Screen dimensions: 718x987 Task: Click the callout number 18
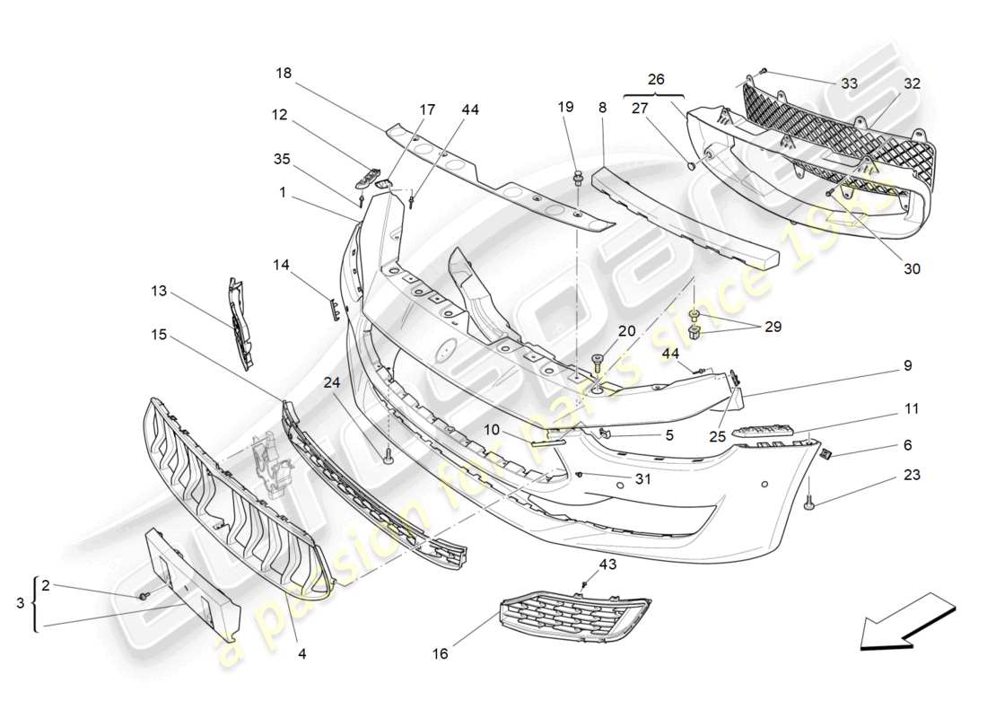pyautogui.click(x=283, y=73)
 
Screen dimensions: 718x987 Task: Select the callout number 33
pyautogui.click(x=850, y=83)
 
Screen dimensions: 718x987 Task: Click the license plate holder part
pyautogui.click(x=193, y=584)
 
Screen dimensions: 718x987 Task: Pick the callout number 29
pyautogui.click(x=773, y=327)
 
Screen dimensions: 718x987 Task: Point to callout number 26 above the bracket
pyautogui.click(x=656, y=79)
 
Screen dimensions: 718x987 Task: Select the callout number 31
pyautogui.click(x=642, y=479)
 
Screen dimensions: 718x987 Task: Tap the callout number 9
pyautogui.click(x=908, y=365)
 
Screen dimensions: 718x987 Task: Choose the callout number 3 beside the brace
pyautogui.click(x=21, y=604)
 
